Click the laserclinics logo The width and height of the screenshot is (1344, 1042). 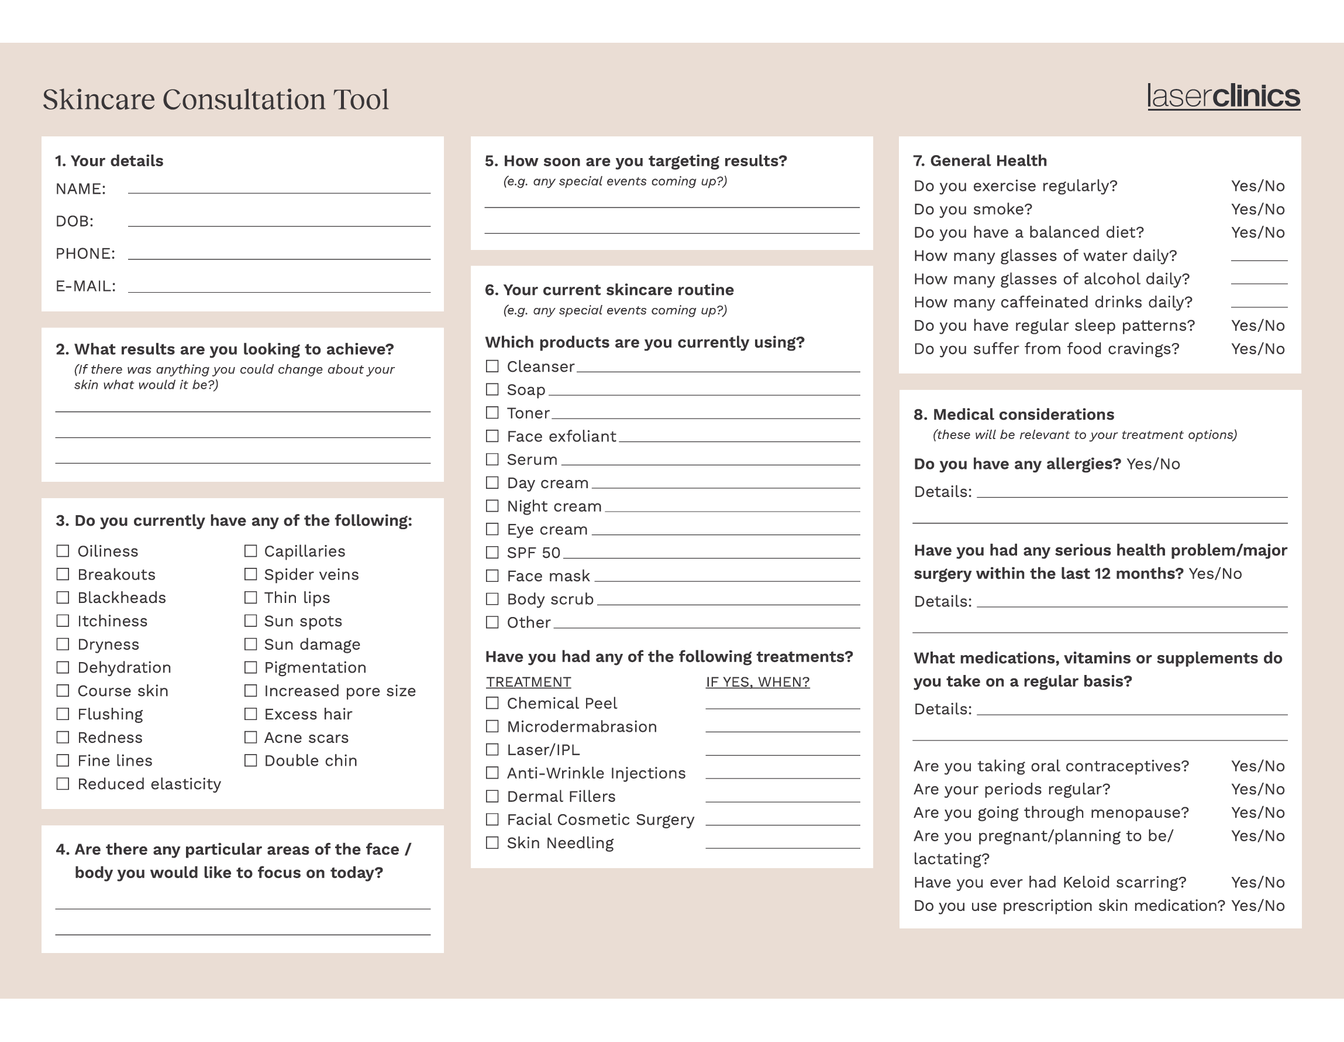pos(1223,97)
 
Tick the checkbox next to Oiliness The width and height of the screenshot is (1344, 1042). pos(63,550)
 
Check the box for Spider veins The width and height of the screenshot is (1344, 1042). pos(250,574)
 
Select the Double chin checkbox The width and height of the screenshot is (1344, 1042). pos(250,760)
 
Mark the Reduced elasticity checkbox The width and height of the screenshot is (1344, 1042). pos(63,784)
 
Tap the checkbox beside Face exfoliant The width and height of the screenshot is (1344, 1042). pos(492,436)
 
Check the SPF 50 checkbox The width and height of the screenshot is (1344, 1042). pos(492,553)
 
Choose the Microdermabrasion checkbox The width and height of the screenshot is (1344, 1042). pos(492,726)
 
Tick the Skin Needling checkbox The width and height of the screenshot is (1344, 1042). pos(492,842)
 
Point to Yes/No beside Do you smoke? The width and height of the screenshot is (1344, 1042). pos(1257,210)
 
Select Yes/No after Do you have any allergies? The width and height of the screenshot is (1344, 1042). pos(1153,464)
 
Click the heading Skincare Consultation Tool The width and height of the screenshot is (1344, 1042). pos(215,100)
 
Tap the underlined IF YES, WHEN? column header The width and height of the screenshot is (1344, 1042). pos(757,683)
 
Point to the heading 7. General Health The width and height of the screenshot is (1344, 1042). pos(980,161)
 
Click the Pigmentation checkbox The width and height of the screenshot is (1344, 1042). pos(250,667)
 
